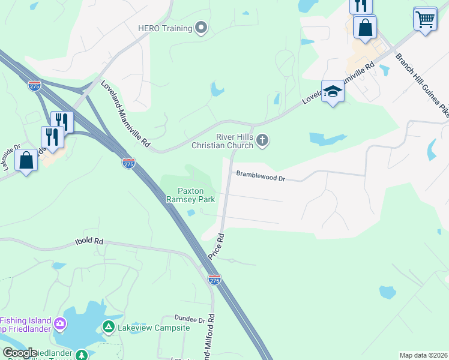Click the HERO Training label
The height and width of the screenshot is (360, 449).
[164, 28]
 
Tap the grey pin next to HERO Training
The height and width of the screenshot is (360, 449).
[202, 28]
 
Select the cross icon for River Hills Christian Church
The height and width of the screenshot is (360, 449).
[262, 140]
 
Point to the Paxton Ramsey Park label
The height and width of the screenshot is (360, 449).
[190, 194]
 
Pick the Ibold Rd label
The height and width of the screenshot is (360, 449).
[89, 241]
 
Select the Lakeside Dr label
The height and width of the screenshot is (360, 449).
[12, 157]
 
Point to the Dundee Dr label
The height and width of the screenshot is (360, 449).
[190, 319]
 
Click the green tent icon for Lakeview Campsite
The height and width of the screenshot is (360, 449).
[108, 327]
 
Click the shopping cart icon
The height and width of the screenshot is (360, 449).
[425, 19]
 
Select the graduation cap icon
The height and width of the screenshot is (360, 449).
[333, 92]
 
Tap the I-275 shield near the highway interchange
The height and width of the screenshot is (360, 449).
[34, 86]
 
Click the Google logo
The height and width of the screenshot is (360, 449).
[20, 353]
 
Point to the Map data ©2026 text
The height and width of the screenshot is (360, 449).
[423, 355]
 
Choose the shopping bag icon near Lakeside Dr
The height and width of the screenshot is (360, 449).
[26, 161]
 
